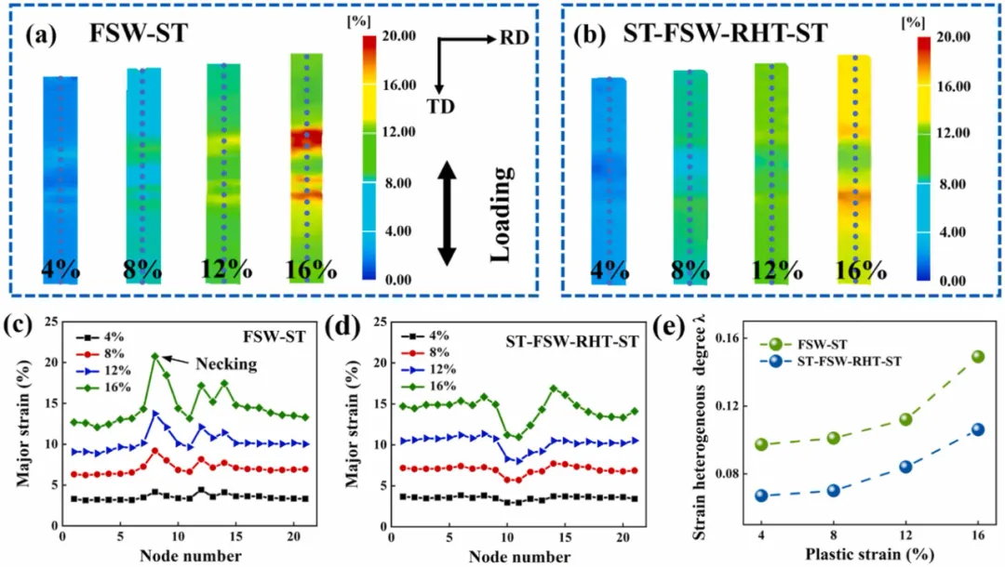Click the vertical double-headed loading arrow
(448, 213)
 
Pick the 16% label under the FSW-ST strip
(311, 270)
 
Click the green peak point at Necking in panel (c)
(155, 356)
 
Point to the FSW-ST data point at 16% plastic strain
(977, 356)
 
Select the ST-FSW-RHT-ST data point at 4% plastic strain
(761, 495)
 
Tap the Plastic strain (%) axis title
(869, 556)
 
